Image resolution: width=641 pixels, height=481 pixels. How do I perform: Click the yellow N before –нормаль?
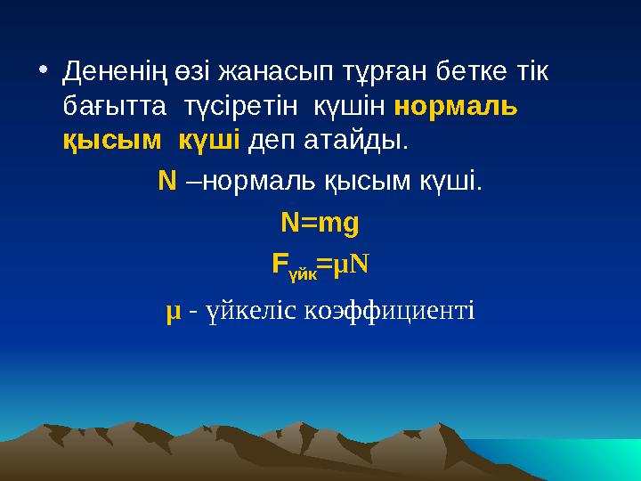166,182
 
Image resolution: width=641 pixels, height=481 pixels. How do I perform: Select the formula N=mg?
320,223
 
